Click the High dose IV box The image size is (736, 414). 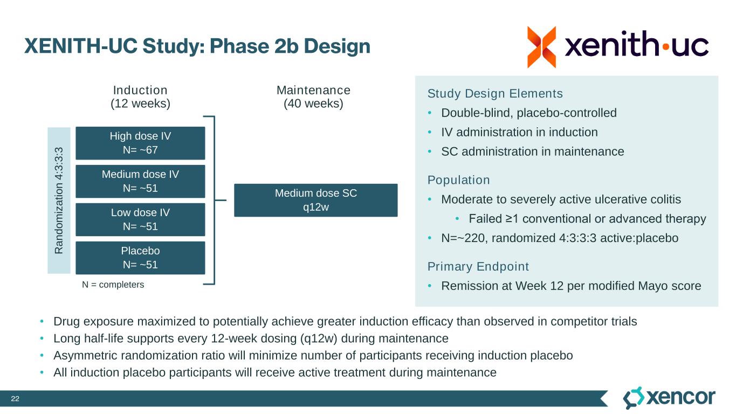[x=140, y=143]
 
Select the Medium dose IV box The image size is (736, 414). [x=140, y=181]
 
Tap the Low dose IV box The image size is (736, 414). [x=140, y=219]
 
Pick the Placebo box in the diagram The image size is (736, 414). [x=140, y=258]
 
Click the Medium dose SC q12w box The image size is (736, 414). [x=315, y=200]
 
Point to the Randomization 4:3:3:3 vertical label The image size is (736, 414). [x=59, y=200]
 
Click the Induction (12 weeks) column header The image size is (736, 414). [x=140, y=97]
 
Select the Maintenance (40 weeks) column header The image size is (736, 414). [x=313, y=97]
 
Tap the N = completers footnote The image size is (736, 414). [x=113, y=284]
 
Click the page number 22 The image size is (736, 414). [x=15, y=399]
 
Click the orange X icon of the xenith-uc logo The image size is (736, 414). [x=541, y=47]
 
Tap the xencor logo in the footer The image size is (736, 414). [x=669, y=398]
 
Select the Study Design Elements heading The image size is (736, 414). [x=494, y=94]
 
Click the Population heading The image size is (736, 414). [x=458, y=180]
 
